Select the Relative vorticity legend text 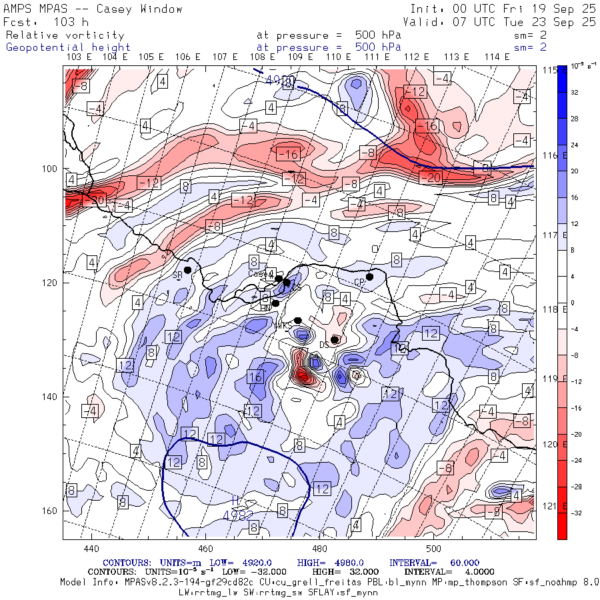(65, 35)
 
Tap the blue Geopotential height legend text (68, 47)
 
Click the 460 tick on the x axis (205, 549)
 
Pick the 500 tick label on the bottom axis (434, 549)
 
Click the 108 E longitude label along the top (263, 57)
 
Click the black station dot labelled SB (188, 270)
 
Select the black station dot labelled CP (369, 277)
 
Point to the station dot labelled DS (334, 339)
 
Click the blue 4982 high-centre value (238, 515)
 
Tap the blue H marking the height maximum (235, 501)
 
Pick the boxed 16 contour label (255, 377)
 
